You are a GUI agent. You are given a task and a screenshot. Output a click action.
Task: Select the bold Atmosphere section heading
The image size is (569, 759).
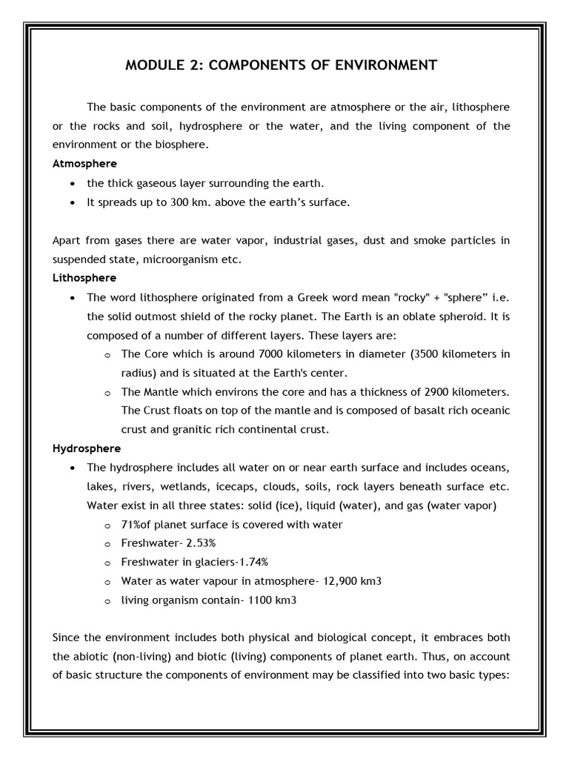(x=84, y=163)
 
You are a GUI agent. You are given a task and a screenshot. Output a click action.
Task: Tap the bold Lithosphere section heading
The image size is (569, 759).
(x=84, y=278)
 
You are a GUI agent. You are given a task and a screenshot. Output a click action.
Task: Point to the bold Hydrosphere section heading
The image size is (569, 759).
(x=87, y=448)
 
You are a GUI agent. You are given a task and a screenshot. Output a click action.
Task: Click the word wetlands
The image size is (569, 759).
(x=182, y=486)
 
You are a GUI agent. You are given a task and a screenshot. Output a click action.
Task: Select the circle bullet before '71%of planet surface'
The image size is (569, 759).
(x=107, y=526)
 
